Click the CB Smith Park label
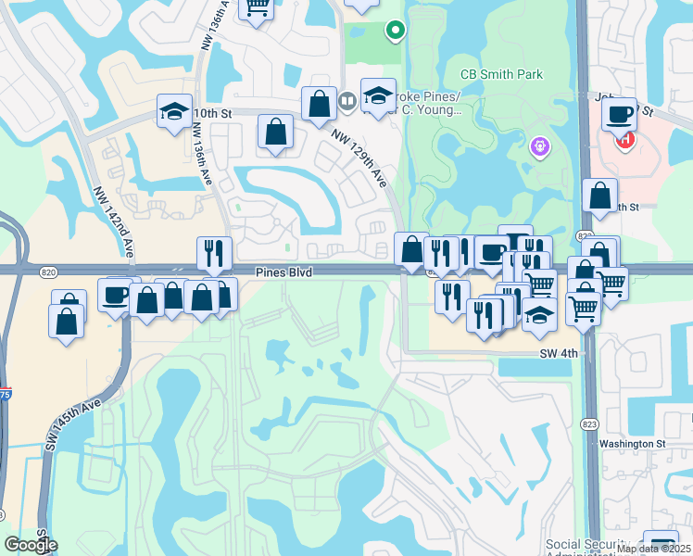click(501, 74)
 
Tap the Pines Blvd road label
click(285, 272)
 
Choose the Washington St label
click(633, 444)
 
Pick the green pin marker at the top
click(395, 31)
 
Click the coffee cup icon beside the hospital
click(618, 115)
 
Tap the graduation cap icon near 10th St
click(174, 111)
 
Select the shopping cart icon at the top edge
click(257, 7)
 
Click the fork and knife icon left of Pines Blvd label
click(214, 253)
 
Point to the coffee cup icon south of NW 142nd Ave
click(114, 295)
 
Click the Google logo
click(30, 546)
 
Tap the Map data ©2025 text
click(653, 549)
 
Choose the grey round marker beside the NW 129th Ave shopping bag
click(347, 99)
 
